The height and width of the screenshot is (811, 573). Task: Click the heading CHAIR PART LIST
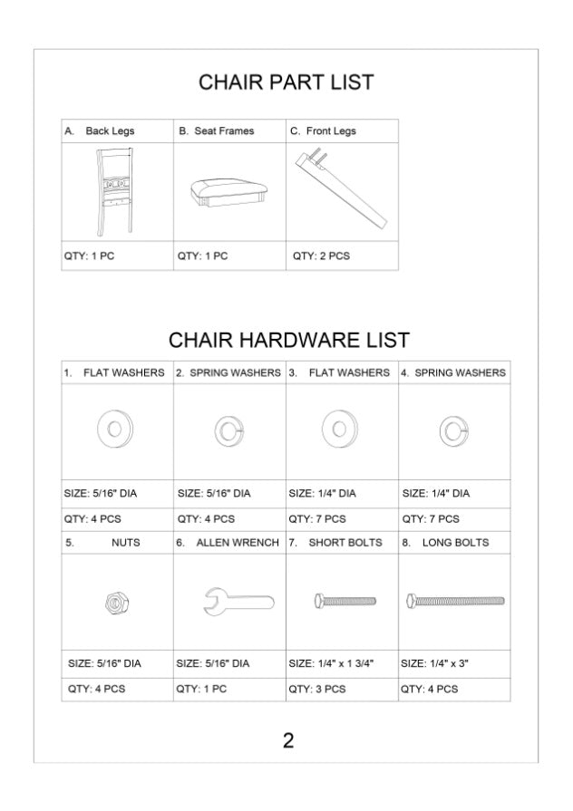286,83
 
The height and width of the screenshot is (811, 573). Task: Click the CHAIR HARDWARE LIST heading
288,341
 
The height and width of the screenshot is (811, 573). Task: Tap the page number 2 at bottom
287,740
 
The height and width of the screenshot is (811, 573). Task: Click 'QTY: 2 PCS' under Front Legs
321,256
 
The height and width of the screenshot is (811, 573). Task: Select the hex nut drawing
116,602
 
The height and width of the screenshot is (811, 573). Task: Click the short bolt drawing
344,600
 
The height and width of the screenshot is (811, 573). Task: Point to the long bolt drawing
455,600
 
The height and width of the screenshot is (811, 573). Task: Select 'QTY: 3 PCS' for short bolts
316,689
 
